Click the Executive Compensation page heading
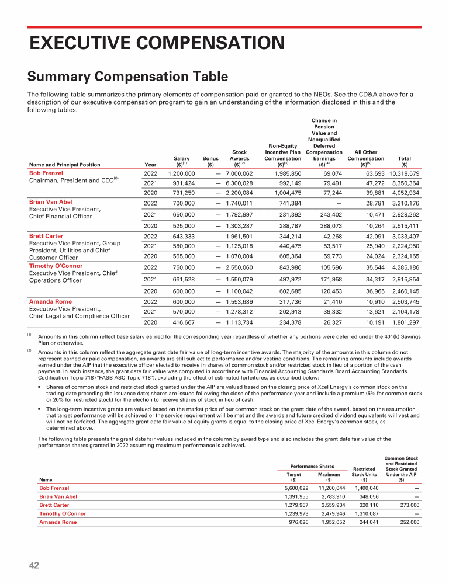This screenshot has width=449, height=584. tap(157, 43)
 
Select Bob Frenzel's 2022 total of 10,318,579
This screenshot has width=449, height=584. tap(404, 174)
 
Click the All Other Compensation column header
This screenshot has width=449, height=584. tap(365, 158)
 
